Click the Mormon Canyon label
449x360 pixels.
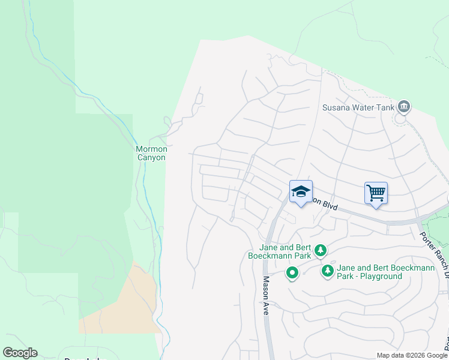tap(151, 153)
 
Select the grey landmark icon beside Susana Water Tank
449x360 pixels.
tap(404, 107)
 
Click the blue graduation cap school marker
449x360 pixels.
tap(301, 192)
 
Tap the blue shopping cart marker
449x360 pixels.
tap(376, 193)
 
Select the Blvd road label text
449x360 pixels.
tap(328, 206)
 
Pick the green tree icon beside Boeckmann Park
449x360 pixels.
tap(321, 250)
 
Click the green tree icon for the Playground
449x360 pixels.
tap(327, 271)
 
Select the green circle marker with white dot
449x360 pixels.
tap(292, 274)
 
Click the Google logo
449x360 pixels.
tap(20, 353)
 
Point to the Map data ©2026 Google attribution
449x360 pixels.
tap(412, 355)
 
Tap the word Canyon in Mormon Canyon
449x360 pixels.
tap(151, 158)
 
